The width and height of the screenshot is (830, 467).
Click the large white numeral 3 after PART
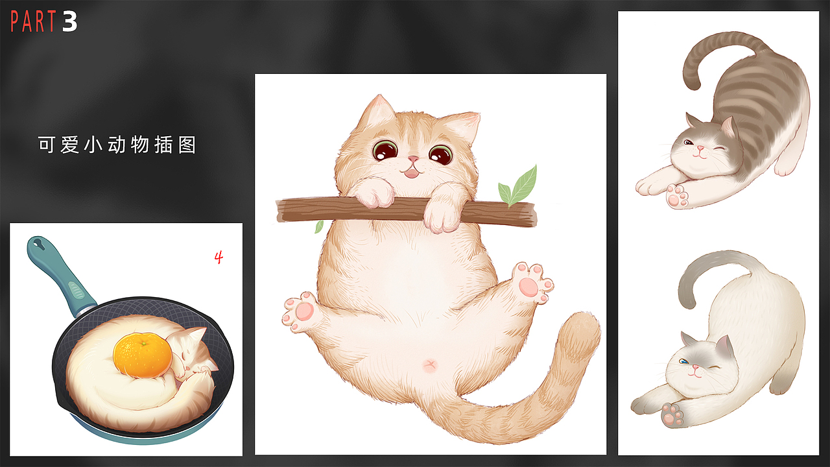(x=70, y=22)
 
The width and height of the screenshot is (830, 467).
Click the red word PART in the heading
(x=34, y=22)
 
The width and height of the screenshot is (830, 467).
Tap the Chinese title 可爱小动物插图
(x=117, y=145)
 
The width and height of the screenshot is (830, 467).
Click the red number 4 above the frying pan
(x=219, y=257)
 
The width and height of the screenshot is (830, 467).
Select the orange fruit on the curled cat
(x=143, y=354)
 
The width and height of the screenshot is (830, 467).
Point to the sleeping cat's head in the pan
(x=192, y=354)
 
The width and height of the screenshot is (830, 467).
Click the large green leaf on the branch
(x=523, y=184)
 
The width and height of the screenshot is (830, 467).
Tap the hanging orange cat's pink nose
(x=411, y=159)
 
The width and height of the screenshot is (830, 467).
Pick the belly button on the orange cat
(x=429, y=366)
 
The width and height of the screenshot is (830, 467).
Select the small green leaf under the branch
(x=319, y=226)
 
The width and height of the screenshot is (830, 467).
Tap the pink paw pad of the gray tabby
(x=677, y=197)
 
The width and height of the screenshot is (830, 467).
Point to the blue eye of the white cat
(x=682, y=361)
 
